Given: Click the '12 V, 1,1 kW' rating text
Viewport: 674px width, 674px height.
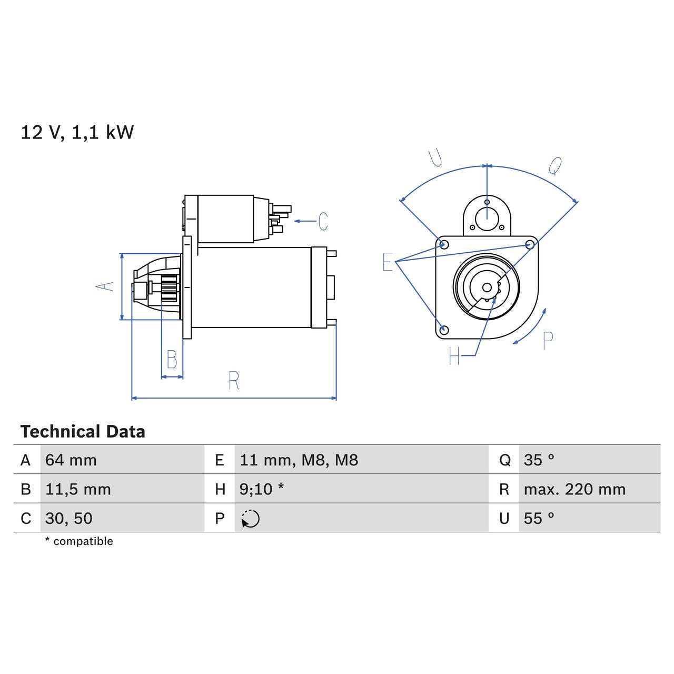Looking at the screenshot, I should point(77,132).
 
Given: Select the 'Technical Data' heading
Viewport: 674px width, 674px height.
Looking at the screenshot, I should point(83,432).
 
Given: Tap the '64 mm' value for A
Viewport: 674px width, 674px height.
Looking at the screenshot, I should point(71,460).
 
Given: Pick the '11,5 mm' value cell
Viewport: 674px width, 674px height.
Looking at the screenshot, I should point(78,489).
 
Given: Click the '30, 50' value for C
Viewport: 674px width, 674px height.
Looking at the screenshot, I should point(69,518).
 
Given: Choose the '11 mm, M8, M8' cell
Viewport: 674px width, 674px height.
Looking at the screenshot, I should point(299,460).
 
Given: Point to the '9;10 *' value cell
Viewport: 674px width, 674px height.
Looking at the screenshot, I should point(262,489).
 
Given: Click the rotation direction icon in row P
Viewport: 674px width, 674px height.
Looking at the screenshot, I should point(251,519).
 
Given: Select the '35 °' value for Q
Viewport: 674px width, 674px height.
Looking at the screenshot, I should point(539,460).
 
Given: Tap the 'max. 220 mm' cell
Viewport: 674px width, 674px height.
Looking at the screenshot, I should point(574,489).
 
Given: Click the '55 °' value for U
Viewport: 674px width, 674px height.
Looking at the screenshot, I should point(539,518).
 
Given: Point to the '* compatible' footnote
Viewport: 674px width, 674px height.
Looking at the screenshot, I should point(79,541).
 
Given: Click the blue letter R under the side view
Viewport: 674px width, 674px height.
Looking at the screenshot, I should point(234,381).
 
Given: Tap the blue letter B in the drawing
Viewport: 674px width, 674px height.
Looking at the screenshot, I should point(172,359).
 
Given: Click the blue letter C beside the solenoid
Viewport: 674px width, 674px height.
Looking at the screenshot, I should point(323,221).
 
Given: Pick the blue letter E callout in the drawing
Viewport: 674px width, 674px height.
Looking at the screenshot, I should point(388,262).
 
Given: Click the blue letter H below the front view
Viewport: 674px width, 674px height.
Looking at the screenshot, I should point(454,356).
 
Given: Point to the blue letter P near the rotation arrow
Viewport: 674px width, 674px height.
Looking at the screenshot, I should point(548,341).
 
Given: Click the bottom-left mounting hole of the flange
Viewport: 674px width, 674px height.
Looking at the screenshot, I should point(444,330).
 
